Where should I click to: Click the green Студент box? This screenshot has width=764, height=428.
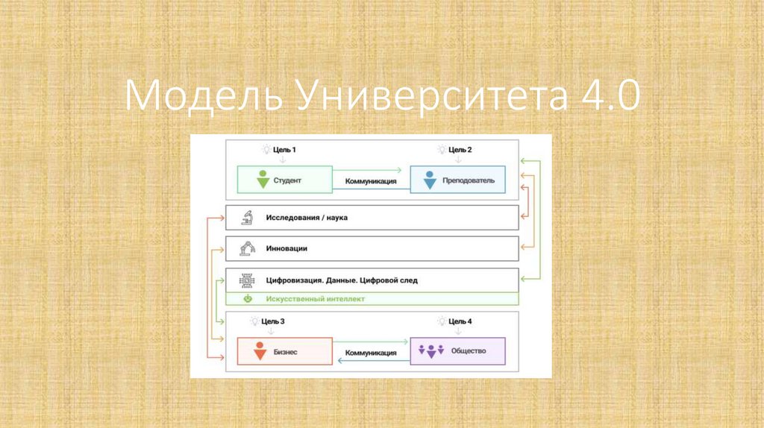pyautogui.click(x=284, y=180)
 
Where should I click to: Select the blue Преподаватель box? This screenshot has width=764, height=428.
pyautogui.click(x=457, y=180)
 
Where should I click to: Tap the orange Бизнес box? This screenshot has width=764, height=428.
pyautogui.click(x=284, y=350)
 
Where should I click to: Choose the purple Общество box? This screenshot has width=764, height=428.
pyautogui.click(x=457, y=350)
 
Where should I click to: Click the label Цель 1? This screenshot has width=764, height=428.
pyautogui.click(x=284, y=150)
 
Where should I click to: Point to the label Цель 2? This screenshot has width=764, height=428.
pyautogui.click(x=460, y=150)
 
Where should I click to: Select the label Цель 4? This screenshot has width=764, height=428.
pyautogui.click(x=460, y=321)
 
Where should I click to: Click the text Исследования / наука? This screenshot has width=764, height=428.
pyautogui.click(x=307, y=218)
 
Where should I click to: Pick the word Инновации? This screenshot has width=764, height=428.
pyautogui.click(x=286, y=248)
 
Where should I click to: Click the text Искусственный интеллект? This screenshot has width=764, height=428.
pyautogui.click(x=315, y=299)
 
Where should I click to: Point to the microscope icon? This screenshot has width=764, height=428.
pyautogui.click(x=246, y=218)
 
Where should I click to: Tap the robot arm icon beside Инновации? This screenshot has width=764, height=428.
pyautogui.click(x=246, y=248)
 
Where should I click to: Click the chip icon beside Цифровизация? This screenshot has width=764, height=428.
pyautogui.click(x=246, y=280)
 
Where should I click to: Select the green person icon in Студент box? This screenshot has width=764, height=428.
pyautogui.click(x=262, y=180)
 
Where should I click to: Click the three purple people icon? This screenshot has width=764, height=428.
pyautogui.click(x=431, y=350)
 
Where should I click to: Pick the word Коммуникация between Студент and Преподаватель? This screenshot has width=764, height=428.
pyautogui.click(x=371, y=181)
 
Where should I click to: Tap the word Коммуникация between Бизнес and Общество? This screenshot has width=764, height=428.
pyautogui.click(x=371, y=353)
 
